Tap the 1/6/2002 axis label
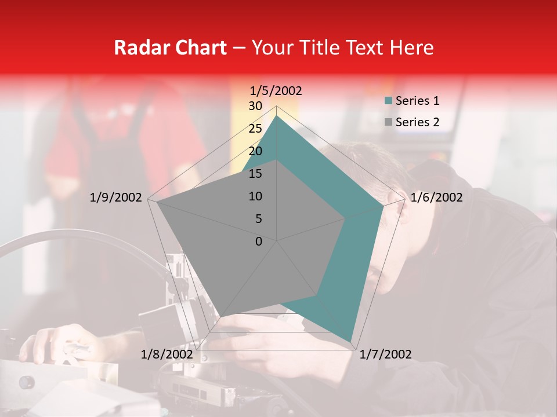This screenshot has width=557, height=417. [436, 197]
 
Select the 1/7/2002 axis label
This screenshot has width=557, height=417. [386, 354]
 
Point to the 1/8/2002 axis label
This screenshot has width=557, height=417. [167, 354]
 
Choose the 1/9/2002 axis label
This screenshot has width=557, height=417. [116, 197]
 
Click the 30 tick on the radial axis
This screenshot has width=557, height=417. [255, 106]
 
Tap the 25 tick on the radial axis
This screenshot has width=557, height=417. [255, 129]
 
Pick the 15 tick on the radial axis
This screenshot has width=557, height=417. [255, 174]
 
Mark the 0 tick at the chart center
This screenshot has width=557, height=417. [259, 242]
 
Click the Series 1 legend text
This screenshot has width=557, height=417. [417, 101]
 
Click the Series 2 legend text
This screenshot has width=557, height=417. [417, 122]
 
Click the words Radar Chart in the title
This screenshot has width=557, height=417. [170, 47]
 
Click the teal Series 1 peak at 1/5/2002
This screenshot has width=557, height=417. [277, 116]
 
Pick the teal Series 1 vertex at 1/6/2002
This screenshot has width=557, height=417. [383, 206]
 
